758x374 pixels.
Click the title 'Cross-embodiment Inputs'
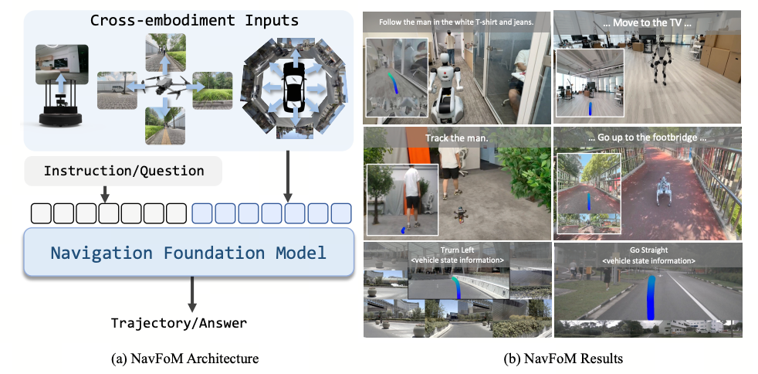pos(195,21)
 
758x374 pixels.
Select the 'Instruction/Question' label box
pos(124,171)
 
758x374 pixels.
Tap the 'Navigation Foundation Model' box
pos(188,253)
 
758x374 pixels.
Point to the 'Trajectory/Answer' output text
pos(179,323)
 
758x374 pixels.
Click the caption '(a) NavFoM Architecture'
pos(184,359)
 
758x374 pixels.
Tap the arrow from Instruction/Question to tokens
pos(105,195)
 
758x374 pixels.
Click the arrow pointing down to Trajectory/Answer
pos(192,294)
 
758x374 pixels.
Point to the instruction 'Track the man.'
pos(457,138)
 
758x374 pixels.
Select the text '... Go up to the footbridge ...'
pos(647,138)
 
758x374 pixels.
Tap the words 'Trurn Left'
pos(457,250)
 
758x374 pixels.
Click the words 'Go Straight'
pos(648,250)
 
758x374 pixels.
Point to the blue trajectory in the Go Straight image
pos(650,297)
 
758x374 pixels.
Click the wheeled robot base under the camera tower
pos(60,118)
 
